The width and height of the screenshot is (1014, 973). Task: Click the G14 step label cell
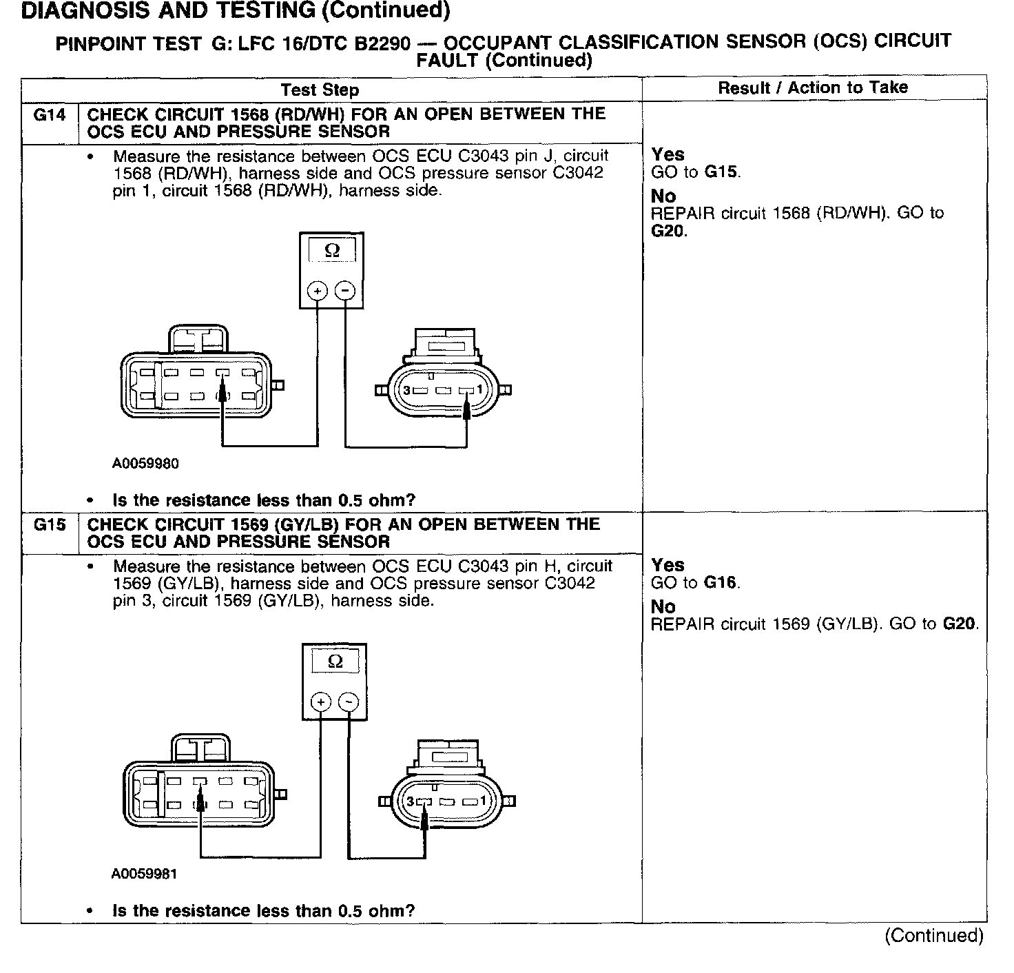coord(50,115)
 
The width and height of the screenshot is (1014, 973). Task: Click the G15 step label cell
coord(50,526)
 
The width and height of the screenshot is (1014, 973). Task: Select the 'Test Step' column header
coord(320,90)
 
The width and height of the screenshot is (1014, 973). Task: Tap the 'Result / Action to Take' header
coord(813,88)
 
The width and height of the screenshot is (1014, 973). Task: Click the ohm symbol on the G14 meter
coord(332,251)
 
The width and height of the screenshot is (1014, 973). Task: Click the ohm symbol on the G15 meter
coord(335,662)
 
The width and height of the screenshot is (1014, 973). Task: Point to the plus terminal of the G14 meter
coord(318,291)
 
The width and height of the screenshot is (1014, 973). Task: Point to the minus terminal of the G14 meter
coord(345,291)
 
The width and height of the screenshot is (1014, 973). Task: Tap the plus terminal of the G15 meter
coord(321,702)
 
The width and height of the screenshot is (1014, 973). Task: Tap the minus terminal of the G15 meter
coord(349,702)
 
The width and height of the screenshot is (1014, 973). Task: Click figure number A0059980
coord(145,464)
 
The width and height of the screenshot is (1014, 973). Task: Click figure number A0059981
coord(144,874)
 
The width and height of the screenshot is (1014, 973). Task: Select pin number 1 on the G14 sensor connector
coord(480,390)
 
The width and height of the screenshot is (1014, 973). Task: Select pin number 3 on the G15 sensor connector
coord(411,801)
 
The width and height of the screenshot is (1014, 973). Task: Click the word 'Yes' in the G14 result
coord(668,154)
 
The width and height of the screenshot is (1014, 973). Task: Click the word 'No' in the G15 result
coord(663,607)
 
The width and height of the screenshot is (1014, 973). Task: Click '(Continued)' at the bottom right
coord(934,936)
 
